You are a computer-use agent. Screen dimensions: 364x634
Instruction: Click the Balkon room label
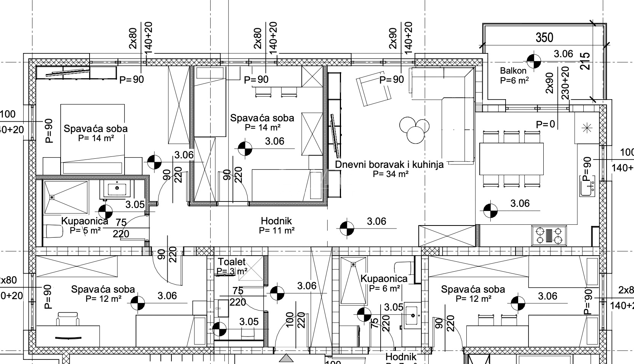click(513, 71)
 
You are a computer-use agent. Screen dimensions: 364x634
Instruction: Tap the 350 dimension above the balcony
click(544, 37)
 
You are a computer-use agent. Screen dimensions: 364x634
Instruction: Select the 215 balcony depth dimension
click(586, 61)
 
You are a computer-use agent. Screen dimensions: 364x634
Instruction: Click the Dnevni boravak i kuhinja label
click(389, 164)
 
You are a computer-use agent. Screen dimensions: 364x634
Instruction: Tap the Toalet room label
click(232, 262)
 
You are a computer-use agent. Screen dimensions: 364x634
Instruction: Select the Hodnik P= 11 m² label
click(277, 225)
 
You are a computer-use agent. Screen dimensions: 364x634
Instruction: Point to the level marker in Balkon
click(534, 60)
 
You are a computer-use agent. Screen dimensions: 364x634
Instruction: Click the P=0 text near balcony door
click(545, 124)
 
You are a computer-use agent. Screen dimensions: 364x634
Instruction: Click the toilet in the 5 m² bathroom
click(53, 231)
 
